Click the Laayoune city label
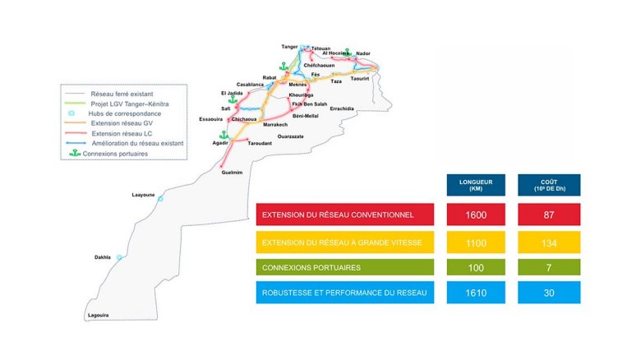pos(143,195)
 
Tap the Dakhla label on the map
pos(102,256)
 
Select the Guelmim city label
pos(233,173)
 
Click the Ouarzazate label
pos(291,136)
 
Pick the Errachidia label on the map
pos(341,108)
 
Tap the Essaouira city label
pos(211,119)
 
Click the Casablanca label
pos(250,84)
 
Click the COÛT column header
pos(550,186)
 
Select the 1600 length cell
pos(473,215)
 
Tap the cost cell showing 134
pos(550,242)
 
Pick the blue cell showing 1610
pos(473,292)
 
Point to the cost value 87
pos(550,215)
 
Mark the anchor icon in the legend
pos(73,153)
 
